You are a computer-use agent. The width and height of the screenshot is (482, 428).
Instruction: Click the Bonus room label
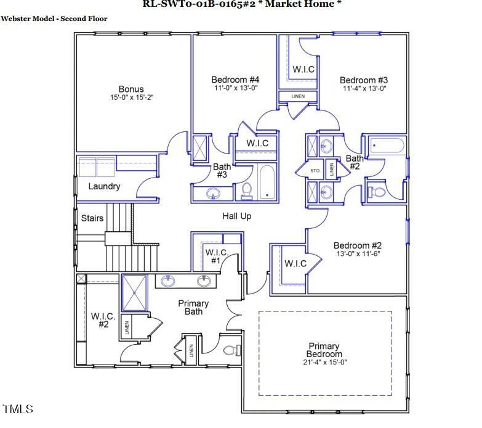tap(131, 89)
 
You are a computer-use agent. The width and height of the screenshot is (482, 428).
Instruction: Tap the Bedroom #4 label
tap(235, 80)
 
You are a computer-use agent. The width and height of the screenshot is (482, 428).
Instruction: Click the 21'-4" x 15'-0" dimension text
tap(324, 362)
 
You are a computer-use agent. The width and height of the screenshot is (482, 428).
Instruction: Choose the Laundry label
tap(104, 186)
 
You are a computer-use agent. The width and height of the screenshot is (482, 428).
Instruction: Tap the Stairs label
tap(92, 218)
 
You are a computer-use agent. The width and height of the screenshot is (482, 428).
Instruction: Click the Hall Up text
tap(236, 216)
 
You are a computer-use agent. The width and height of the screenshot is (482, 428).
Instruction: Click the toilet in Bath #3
tap(247, 191)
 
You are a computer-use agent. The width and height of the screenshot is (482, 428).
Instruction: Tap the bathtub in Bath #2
tap(386, 146)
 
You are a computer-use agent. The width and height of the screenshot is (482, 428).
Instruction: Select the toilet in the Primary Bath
tap(231, 352)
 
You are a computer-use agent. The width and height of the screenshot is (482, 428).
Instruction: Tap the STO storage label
tap(315, 170)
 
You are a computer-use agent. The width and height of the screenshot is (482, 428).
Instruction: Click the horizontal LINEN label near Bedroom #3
tap(297, 96)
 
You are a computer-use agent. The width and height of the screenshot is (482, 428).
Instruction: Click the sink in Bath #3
tap(213, 195)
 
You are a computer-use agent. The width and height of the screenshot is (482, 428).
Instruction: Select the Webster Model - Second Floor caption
tap(54, 19)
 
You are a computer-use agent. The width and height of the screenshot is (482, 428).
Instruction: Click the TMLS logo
tap(17, 409)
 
